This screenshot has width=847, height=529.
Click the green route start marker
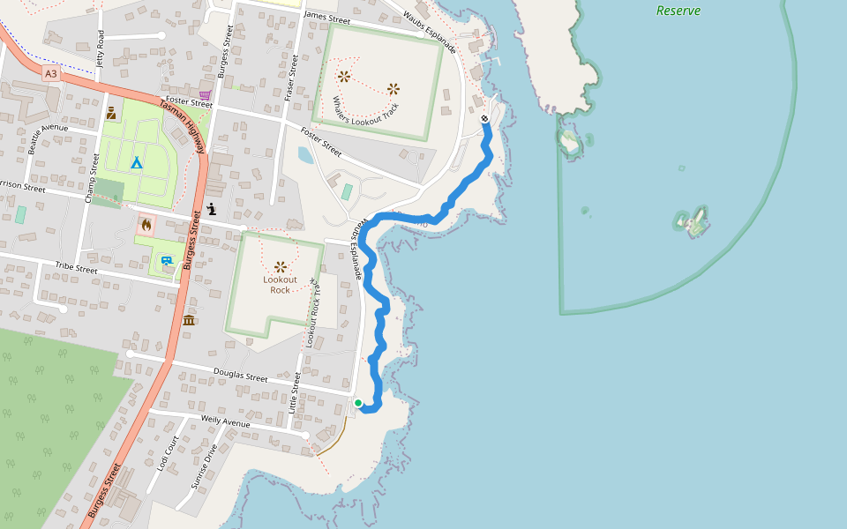(358, 403)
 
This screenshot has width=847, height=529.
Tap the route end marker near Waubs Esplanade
(484, 119)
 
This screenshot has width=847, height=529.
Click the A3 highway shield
(50, 74)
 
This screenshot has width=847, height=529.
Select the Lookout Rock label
(280, 284)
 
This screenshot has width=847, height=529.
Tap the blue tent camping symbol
(136, 162)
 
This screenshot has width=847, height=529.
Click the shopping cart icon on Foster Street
(205, 95)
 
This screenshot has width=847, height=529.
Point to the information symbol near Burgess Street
(212, 209)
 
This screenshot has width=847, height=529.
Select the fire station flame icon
(146, 225)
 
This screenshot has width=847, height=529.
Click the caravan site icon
(167, 260)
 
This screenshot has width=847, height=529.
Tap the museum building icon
(189, 319)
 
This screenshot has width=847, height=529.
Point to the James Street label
(326, 17)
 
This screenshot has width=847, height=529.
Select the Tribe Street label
(76, 266)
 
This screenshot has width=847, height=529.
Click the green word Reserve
(678, 11)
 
